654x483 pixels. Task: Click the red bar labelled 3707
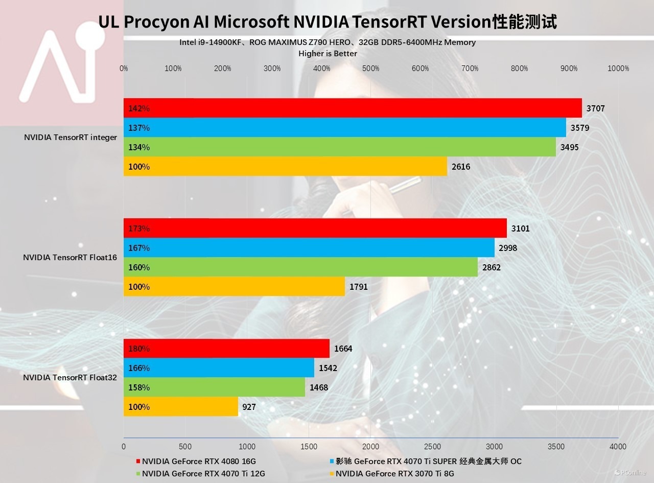click(353, 108)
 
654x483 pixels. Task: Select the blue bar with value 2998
click(309, 248)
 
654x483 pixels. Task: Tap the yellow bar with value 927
click(181, 407)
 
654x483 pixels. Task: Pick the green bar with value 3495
click(340, 147)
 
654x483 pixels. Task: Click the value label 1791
click(359, 287)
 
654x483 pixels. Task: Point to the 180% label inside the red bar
click(139, 349)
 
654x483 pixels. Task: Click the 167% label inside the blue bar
click(139, 248)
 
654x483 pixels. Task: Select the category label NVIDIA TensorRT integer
click(71, 137)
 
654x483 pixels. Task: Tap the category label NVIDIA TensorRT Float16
click(70, 258)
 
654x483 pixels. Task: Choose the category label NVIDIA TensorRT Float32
click(70, 378)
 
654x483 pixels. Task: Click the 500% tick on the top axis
click(371, 68)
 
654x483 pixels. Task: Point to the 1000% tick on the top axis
click(618, 68)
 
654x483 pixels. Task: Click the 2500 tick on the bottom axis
click(433, 446)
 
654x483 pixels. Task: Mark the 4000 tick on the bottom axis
click(618, 446)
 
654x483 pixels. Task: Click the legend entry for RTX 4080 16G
click(199, 461)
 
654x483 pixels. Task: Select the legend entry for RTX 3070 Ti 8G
click(394, 474)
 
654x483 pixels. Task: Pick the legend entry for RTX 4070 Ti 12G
click(203, 474)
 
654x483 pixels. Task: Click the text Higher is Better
click(328, 53)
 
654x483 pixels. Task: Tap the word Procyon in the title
click(167, 22)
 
